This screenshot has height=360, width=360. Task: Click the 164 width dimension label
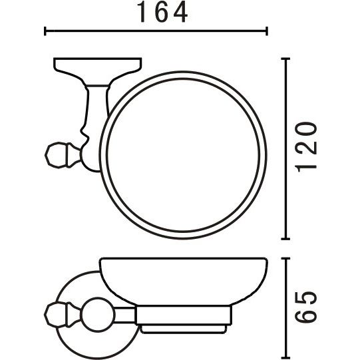(162, 13)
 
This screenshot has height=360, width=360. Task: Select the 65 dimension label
(307, 307)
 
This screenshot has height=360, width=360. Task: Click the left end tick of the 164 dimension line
(45, 31)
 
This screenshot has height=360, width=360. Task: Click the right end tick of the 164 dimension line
(267, 31)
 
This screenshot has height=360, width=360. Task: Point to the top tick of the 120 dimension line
(285, 59)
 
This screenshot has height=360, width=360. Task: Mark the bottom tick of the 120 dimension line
(285, 239)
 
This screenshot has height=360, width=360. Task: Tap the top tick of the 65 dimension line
(285, 258)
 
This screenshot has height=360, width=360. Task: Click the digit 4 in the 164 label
(181, 13)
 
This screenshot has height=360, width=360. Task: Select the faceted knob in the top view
(57, 155)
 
